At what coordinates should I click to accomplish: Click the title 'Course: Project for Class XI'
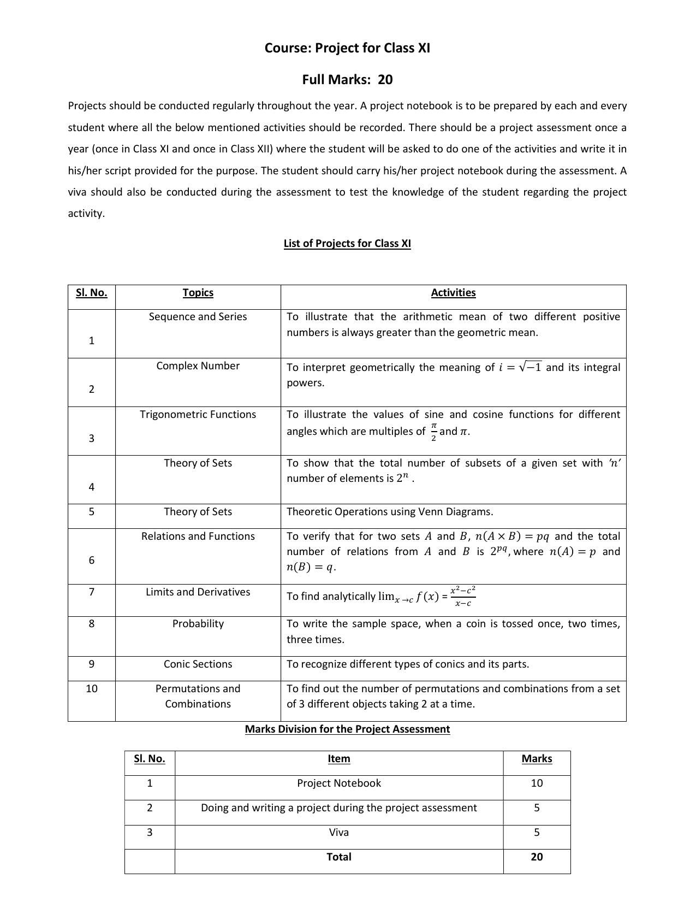[x=347, y=48]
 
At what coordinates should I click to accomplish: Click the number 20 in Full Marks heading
[x=385, y=80]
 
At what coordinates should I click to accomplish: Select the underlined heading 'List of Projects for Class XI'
[x=347, y=244]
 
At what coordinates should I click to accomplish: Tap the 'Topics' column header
[x=198, y=293]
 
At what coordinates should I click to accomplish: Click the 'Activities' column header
[x=453, y=293]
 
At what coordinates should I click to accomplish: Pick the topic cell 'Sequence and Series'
[x=198, y=317]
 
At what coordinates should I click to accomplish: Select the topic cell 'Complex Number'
[x=198, y=366]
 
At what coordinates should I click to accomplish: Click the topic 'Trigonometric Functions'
[x=198, y=415]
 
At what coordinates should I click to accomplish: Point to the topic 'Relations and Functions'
[x=198, y=537]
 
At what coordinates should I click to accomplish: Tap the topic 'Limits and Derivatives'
[x=198, y=592]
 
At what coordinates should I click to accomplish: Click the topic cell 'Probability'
[x=198, y=624]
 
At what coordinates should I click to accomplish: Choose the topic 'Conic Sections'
[x=198, y=664]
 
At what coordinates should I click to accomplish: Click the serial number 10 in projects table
[x=91, y=689]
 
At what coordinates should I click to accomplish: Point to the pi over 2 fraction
[x=433, y=432]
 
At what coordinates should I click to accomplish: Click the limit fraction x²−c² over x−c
[x=463, y=596]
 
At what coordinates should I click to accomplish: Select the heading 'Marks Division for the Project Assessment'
[x=347, y=729]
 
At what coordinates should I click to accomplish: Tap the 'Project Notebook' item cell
[x=338, y=783]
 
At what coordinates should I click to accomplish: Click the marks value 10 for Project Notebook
[x=537, y=783]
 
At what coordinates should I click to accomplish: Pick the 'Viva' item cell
[x=338, y=833]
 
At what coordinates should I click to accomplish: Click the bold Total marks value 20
[x=537, y=857]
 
